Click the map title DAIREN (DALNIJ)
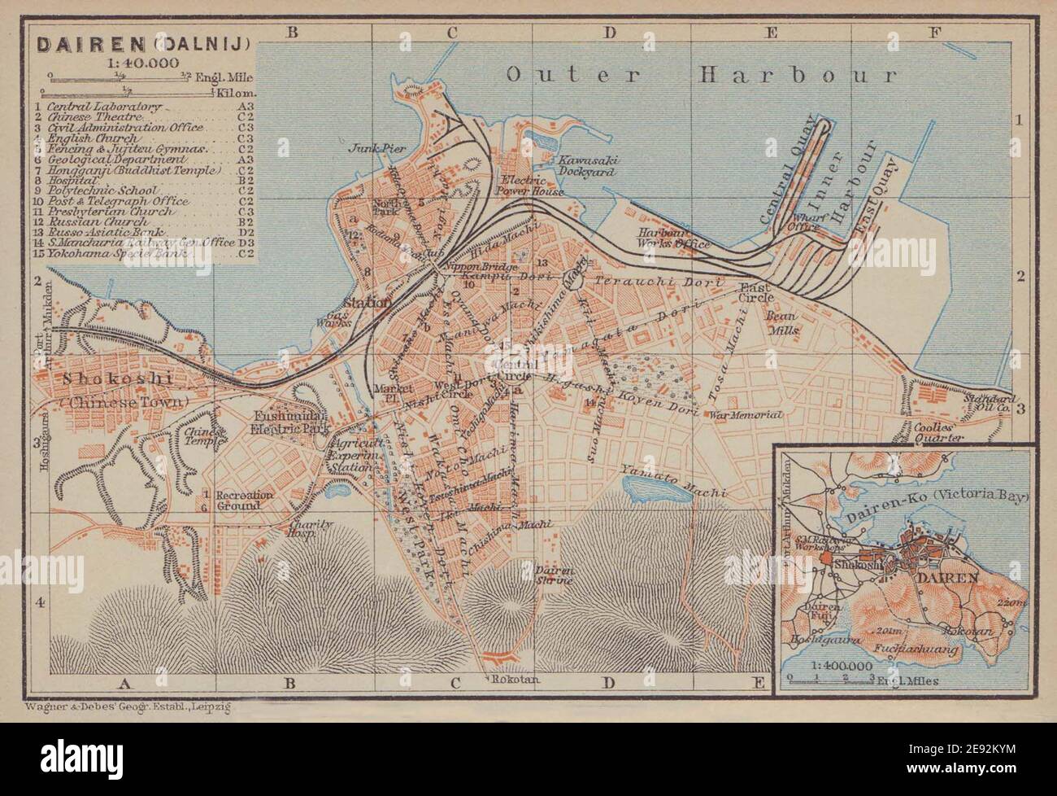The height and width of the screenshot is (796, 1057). [x=143, y=43]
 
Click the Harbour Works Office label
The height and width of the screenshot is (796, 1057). [x=674, y=238]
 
